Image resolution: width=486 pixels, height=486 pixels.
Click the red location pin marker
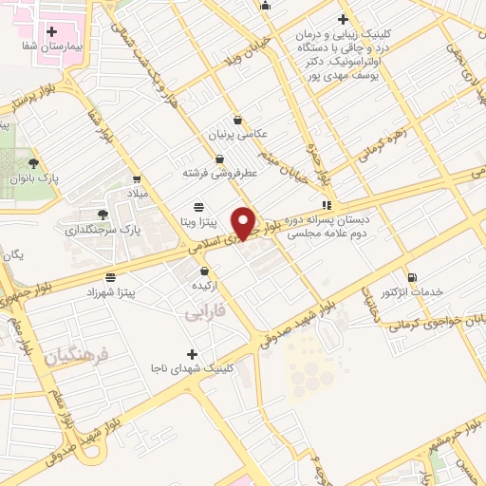245,222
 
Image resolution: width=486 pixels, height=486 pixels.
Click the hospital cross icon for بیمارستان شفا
51,31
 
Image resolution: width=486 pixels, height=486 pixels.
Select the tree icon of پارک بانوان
33,163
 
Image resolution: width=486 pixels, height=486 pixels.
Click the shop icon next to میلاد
138,178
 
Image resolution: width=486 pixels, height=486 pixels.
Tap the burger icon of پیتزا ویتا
197,207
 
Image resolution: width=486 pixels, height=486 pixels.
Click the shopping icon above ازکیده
206,271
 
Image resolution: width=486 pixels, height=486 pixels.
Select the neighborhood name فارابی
203,311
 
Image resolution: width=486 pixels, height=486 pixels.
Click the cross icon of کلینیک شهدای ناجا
193,353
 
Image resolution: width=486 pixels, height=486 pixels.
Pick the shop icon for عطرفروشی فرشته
220,159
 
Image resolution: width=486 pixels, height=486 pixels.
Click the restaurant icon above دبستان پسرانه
327,204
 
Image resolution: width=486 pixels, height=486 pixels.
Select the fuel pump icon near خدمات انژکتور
411,276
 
